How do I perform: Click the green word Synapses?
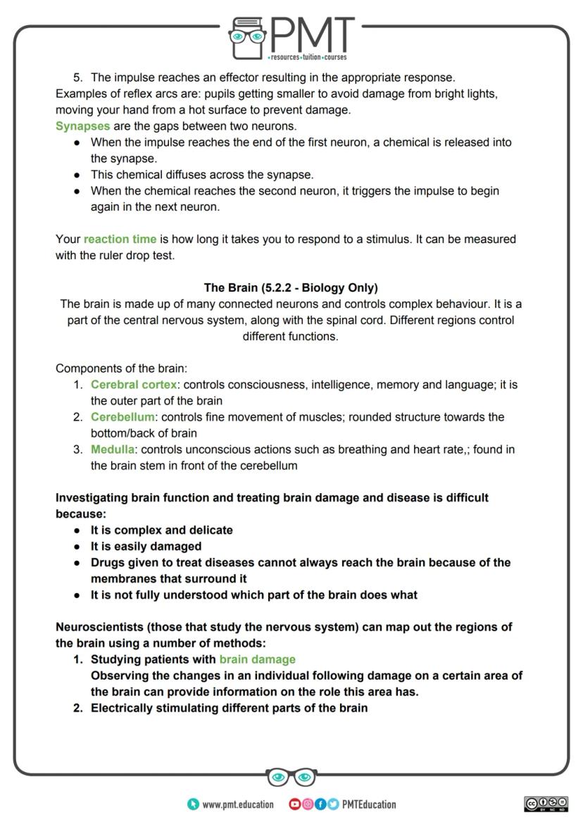point(82,126)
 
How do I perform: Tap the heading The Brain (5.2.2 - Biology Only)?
point(291,287)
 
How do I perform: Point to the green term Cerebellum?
point(123,416)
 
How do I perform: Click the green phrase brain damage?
point(257,659)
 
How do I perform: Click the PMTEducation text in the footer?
point(369,804)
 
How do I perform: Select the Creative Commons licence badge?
point(546,804)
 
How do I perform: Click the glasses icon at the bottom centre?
point(291,777)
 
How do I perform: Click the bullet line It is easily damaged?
point(146,546)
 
